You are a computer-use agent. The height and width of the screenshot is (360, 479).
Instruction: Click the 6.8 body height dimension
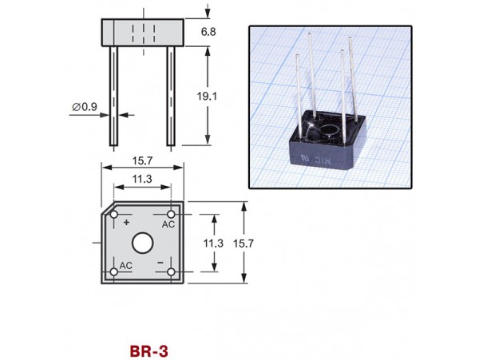click(x=208, y=32)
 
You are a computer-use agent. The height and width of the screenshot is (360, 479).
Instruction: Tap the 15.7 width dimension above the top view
click(x=144, y=160)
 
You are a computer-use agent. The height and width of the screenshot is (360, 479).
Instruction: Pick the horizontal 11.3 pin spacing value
click(x=144, y=180)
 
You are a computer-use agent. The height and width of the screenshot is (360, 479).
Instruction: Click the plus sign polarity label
click(x=126, y=224)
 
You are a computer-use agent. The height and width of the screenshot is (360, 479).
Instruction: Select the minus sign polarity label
click(x=160, y=262)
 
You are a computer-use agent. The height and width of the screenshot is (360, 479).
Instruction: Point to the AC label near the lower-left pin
click(x=125, y=263)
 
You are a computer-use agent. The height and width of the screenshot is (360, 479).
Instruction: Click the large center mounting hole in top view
click(x=143, y=243)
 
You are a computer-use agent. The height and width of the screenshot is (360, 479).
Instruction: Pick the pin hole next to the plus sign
click(x=115, y=216)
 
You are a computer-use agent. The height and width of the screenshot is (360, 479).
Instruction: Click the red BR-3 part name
click(x=148, y=350)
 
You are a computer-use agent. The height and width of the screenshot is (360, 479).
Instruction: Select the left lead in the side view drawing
click(x=114, y=96)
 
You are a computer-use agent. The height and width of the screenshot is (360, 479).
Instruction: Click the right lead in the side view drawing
click(x=170, y=96)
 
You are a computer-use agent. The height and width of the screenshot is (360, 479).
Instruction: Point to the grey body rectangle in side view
click(x=143, y=32)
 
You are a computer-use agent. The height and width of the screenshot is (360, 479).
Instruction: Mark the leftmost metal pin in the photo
click(x=301, y=88)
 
